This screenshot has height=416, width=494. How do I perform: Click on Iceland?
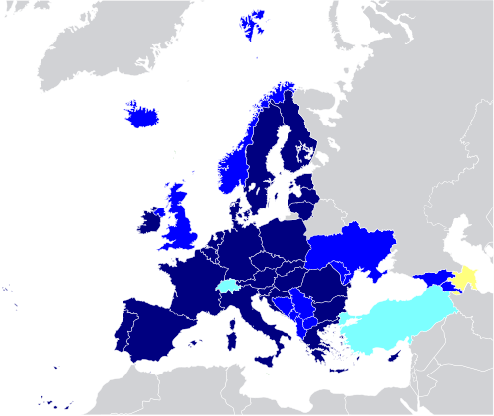click(142, 117)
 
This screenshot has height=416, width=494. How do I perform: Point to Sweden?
click(262, 158)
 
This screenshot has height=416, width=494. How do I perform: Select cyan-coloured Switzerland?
click(228, 288)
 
